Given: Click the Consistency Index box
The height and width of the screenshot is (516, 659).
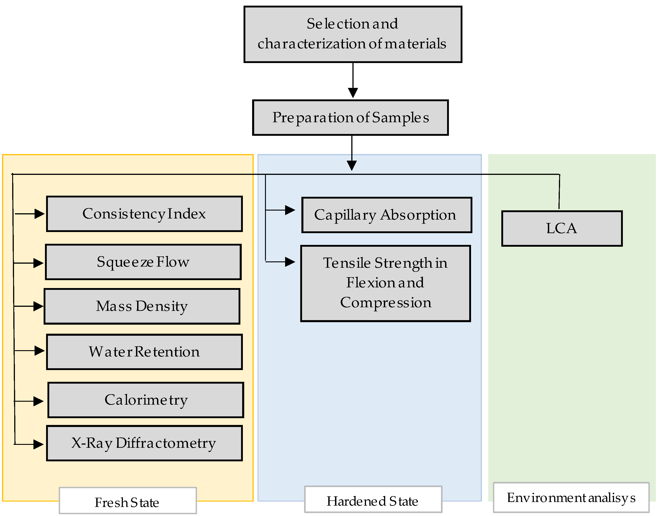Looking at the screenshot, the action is pyautogui.click(x=144, y=214).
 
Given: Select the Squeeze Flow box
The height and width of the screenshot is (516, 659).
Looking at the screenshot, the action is pyautogui.click(x=143, y=262).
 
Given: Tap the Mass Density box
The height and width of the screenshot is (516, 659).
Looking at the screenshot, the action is pyautogui.click(x=142, y=306).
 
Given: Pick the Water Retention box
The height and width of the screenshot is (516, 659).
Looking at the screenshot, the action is pyautogui.click(x=144, y=352).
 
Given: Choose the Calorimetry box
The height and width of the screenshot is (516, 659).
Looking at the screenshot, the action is pyautogui.click(x=146, y=400).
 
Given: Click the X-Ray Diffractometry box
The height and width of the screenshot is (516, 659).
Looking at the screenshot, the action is pyautogui.click(x=144, y=443).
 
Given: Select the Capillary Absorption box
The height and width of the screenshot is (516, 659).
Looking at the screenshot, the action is pyautogui.click(x=387, y=215).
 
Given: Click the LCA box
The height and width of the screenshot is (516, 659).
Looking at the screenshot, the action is pyautogui.click(x=562, y=229).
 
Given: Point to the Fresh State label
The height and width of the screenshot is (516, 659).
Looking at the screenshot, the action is pyautogui.click(x=128, y=503).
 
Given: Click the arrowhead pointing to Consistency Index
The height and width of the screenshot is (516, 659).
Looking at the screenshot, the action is pyautogui.click(x=39, y=214).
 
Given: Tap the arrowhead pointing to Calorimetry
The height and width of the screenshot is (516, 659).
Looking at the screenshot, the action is pyautogui.click(x=38, y=401).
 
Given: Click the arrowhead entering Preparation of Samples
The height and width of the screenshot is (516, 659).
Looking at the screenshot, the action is pyautogui.click(x=353, y=92).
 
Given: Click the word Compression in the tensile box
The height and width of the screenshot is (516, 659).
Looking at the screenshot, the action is pyautogui.click(x=386, y=303).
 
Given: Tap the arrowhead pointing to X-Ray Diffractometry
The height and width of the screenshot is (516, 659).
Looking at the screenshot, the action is pyautogui.click(x=38, y=444).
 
